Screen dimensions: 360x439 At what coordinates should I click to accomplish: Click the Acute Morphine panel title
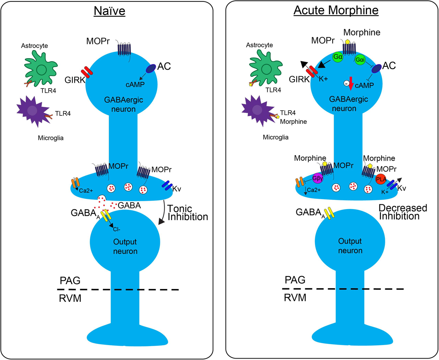point(336,11)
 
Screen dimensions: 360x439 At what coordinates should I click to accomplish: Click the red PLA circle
point(381,179)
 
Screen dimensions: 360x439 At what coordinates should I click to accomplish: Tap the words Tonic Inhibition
point(187,212)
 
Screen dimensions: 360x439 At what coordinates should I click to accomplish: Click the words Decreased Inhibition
point(402,212)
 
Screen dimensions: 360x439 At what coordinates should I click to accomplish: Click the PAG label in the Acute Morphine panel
point(295,280)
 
